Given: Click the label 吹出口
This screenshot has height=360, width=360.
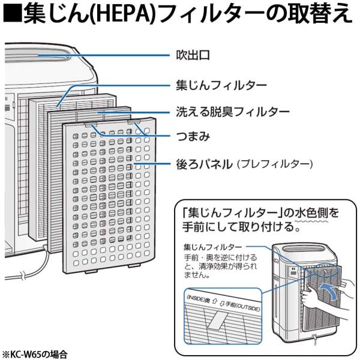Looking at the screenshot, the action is tap(193, 56).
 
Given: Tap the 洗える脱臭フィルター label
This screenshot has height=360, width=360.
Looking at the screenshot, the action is tap(232, 112).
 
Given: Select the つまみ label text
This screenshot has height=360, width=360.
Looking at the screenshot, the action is tap(193, 137).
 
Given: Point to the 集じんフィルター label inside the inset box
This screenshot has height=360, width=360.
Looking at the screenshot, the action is tap(213, 247).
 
